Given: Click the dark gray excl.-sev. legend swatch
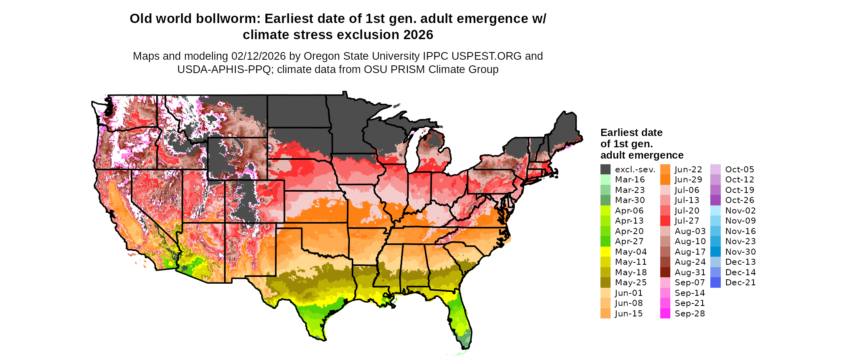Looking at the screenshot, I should (x=605, y=170).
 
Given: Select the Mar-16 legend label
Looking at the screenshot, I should (x=630, y=180).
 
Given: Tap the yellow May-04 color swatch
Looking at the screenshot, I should (x=605, y=252).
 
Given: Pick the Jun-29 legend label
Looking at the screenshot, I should (x=688, y=180).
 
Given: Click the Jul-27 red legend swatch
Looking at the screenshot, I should (x=665, y=221).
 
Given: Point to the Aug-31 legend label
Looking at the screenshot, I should (x=690, y=272).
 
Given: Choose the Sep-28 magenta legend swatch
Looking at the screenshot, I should (x=665, y=314).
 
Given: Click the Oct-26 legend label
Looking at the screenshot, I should (x=739, y=200).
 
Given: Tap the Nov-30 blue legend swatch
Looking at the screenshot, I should (x=715, y=252).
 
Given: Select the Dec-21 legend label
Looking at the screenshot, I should (x=740, y=283).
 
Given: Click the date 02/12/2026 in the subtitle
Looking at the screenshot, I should (x=258, y=56).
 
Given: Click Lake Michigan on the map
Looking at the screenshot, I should (x=411, y=151).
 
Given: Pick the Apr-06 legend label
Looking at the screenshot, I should (x=629, y=211).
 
